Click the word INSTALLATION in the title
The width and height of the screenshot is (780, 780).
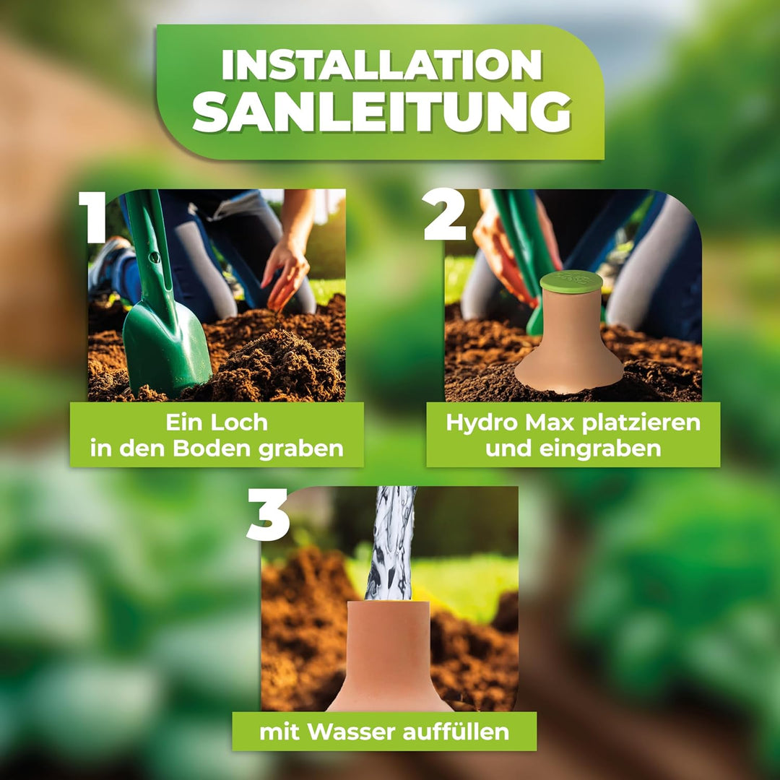coord(381,65)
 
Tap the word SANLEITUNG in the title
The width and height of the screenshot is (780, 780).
coord(381,113)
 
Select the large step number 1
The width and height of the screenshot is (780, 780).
coord(93,217)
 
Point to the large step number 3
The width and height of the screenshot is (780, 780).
coord(268,514)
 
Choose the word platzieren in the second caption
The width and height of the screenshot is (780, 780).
coord(641,423)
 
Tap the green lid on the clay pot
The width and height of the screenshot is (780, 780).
coord(571,281)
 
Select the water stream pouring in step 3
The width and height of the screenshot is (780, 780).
coord(391,543)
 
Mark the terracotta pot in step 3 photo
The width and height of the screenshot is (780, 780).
coord(389,656)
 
